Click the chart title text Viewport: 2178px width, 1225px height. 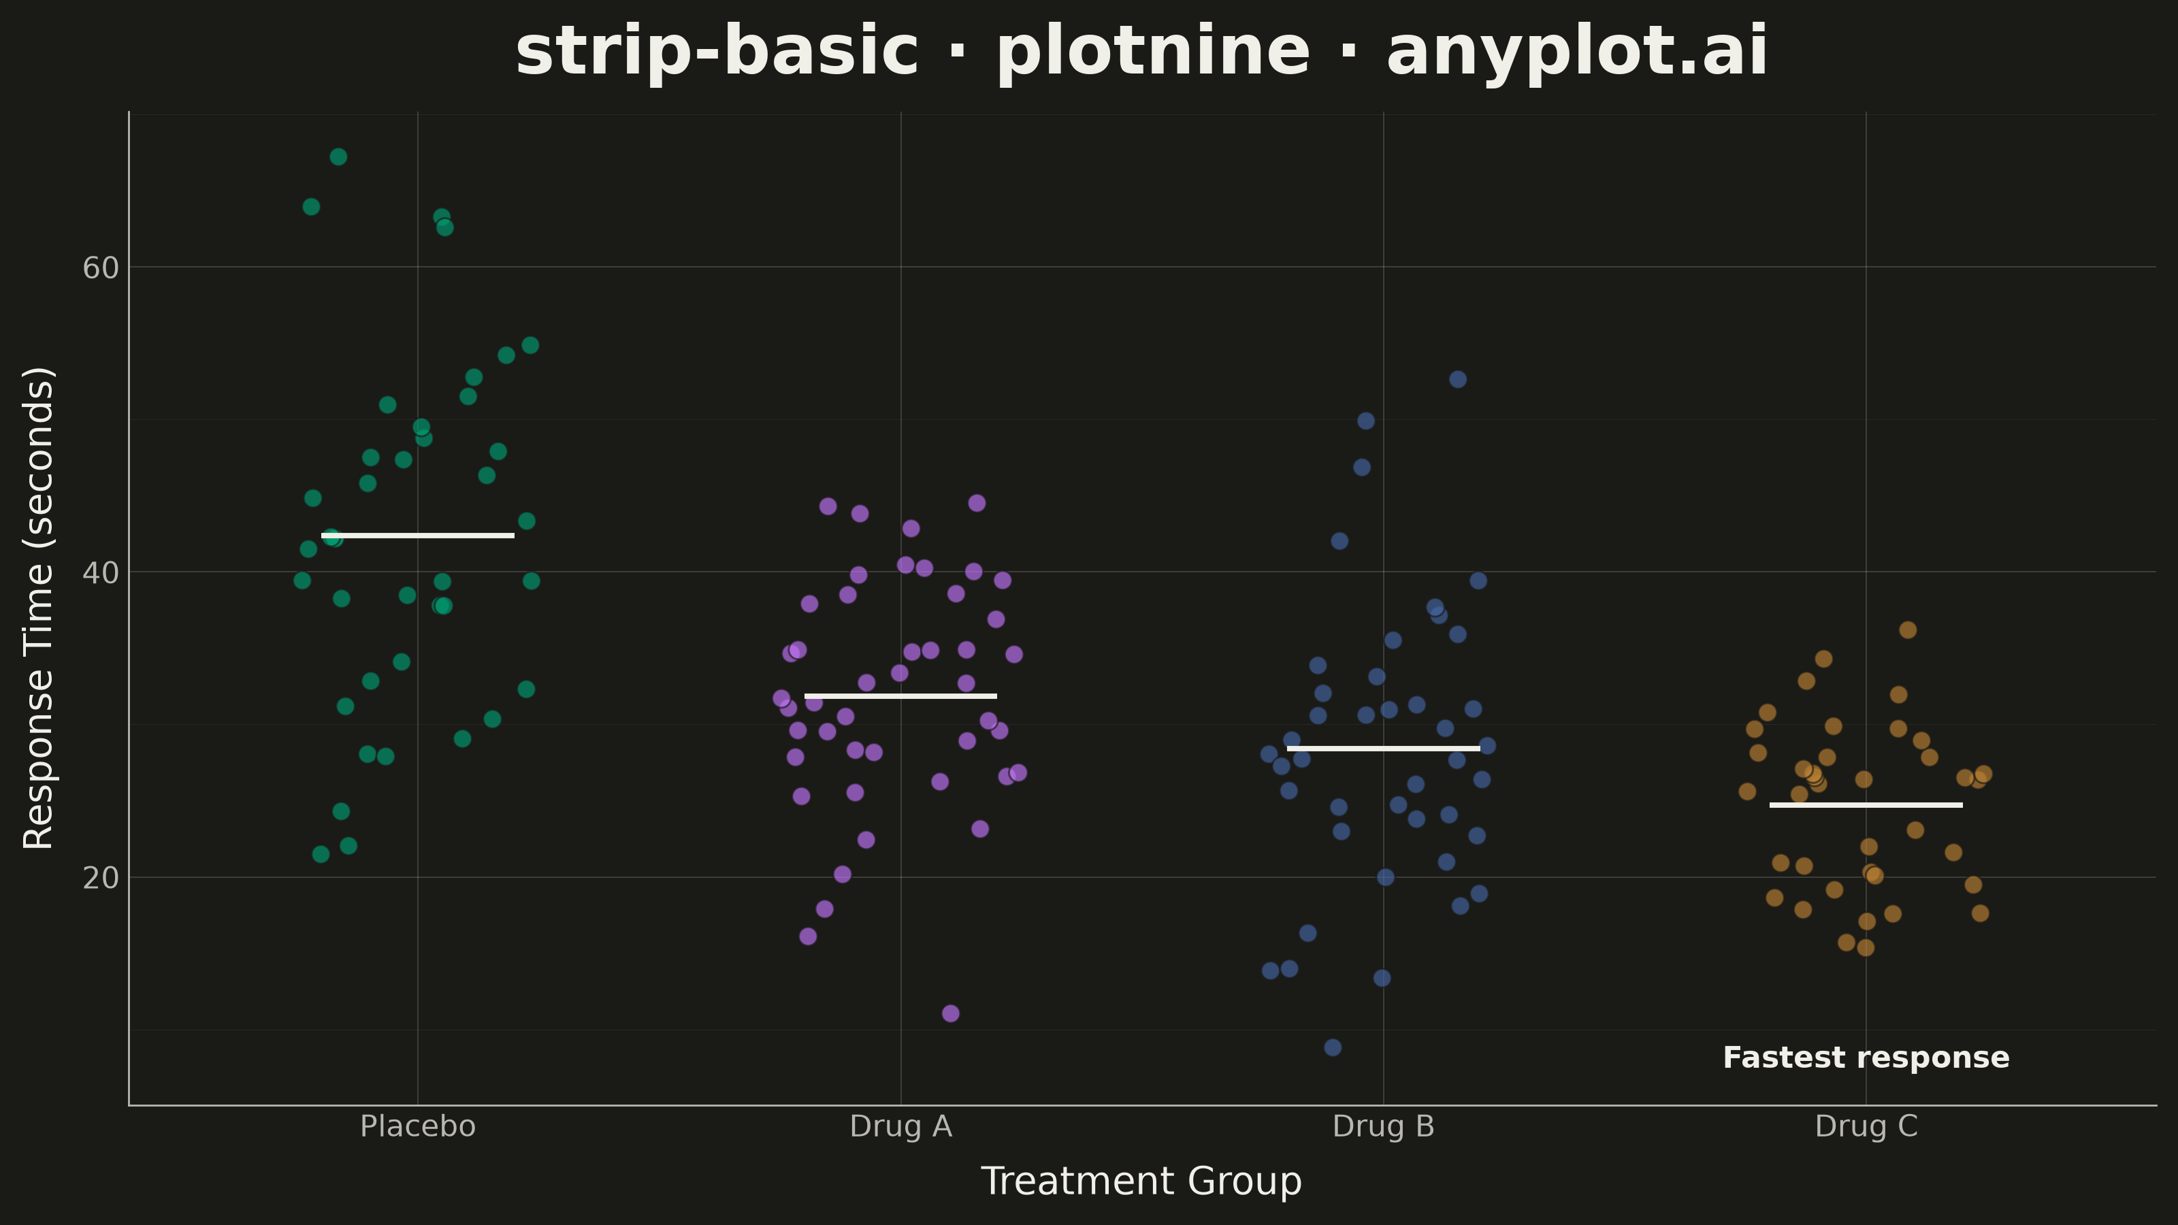coord(1141,52)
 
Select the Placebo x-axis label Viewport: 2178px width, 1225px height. coord(418,1127)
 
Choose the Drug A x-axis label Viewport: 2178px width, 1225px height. coord(900,1127)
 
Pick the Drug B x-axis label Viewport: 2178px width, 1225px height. coord(1383,1127)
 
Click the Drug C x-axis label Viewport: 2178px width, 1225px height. coord(1866,1127)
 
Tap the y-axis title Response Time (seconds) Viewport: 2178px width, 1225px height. coord(39,608)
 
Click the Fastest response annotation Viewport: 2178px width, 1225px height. coord(1866,1058)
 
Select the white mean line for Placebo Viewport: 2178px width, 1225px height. coord(418,535)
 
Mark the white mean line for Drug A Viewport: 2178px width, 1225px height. coord(900,696)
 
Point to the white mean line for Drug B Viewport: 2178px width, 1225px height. coord(1383,748)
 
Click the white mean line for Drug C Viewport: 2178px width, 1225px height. coord(1866,805)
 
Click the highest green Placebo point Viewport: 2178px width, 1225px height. coord(338,157)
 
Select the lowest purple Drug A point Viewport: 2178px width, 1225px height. coord(950,1013)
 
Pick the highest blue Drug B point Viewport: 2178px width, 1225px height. coord(1458,380)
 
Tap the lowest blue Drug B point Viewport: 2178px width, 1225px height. coord(1333,1047)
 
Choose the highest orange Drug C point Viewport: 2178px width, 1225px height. coord(1907,630)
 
